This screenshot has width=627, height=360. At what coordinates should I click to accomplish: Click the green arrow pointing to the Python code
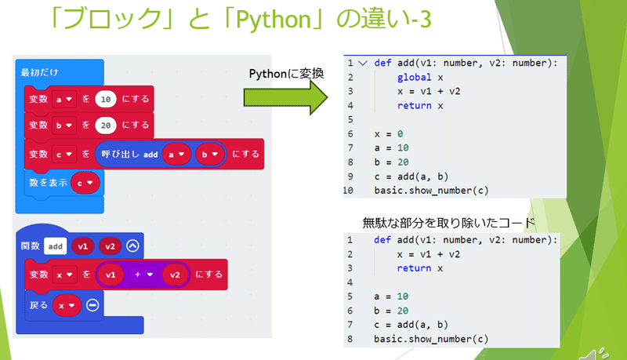point(285,97)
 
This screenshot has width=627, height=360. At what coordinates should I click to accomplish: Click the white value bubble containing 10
point(106,99)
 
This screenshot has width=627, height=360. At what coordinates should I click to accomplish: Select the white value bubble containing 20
point(106,125)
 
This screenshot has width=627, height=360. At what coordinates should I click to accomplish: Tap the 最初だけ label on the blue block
point(40,72)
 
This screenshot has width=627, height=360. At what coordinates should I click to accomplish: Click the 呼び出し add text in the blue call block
point(129,155)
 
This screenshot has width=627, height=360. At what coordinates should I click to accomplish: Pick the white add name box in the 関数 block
point(55,246)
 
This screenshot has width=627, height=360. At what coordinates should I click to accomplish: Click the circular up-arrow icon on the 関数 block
point(132,245)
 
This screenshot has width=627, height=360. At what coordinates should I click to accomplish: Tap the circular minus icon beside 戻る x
point(92,306)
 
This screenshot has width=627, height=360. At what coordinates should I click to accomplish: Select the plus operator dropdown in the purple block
point(143,275)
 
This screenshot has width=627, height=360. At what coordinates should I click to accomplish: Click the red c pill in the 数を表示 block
point(85,183)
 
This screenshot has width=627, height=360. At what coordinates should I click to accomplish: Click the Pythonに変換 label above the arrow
point(286,74)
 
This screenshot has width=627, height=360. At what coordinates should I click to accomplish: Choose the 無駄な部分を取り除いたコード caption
point(448,223)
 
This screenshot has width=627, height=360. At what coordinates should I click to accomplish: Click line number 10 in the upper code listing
point(348,191)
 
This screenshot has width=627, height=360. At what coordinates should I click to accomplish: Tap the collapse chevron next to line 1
point(363,64)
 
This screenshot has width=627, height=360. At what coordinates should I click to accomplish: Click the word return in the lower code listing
point(414,268)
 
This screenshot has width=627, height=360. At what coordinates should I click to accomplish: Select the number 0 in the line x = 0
point(400,134)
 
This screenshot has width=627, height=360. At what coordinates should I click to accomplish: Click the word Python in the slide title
point(274,19)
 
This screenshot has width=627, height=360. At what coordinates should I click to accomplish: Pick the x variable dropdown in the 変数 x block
point(64,275)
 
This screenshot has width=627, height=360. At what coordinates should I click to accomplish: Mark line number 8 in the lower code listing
point(350,339)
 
